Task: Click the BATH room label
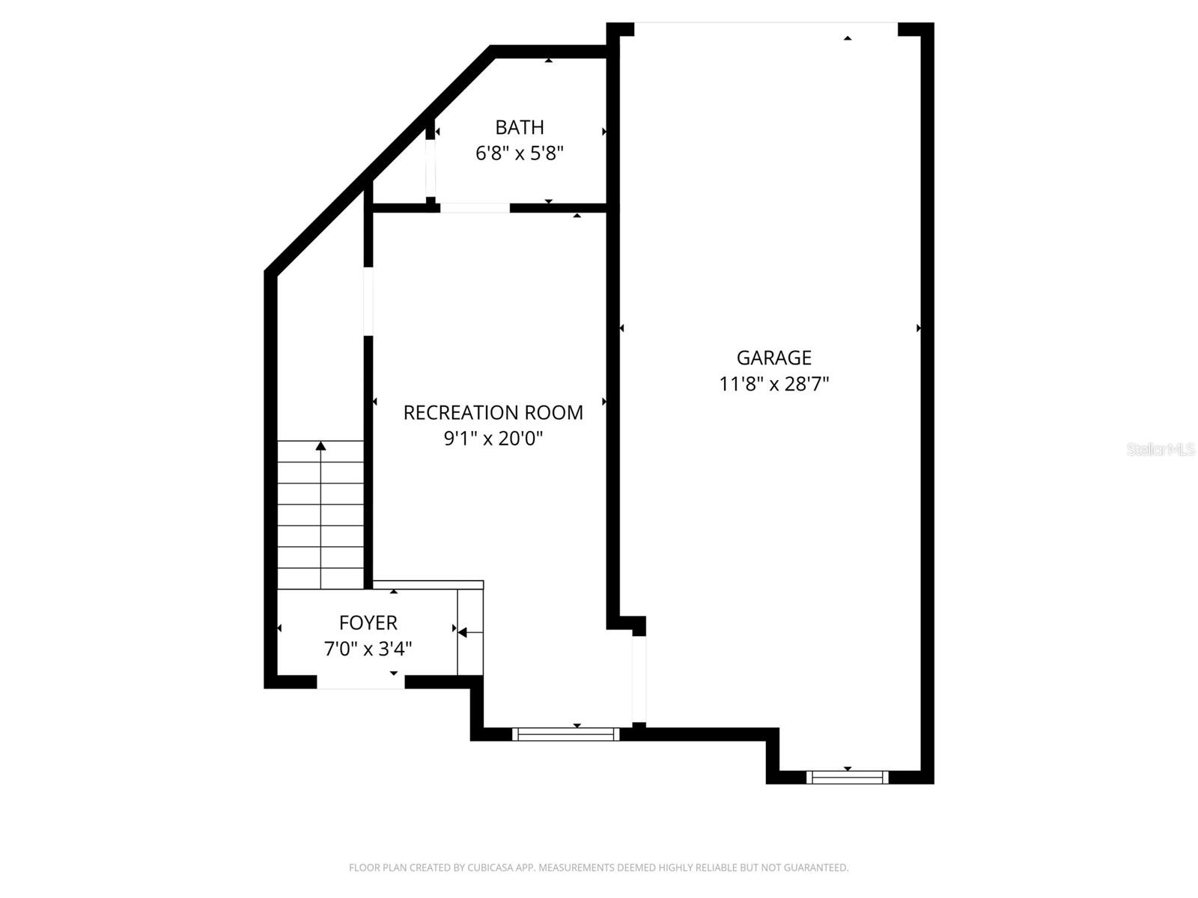point(519,127)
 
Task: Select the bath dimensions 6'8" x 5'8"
point(519,153)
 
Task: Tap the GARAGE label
point(773,358)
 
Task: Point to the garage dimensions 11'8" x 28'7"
point(773,384)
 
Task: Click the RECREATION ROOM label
point(493,412)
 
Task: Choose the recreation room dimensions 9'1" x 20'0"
point(493,439)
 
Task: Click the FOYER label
point(368,623)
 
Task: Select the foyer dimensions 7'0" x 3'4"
point(368,649)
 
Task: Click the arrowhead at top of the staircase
point(320,446)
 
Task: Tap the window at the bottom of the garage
point(848,778)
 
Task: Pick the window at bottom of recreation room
point(566,734)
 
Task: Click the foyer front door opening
point(361,682)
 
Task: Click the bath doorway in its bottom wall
point(475,208)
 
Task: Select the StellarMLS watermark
point(1160,450)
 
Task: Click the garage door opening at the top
point(765,28)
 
